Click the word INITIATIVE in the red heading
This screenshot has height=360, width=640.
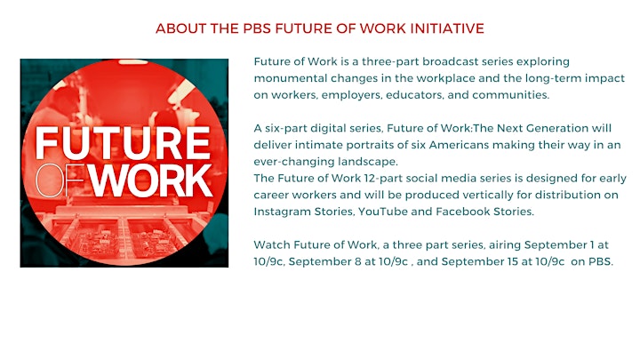(x=447, y=28)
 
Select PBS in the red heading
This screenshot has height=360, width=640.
(x=257, y=28)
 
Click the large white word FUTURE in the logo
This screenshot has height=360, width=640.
(x=123, y=143)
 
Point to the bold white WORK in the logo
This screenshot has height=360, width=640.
(x=150, y=180)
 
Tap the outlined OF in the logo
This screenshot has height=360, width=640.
(x=60, y=180)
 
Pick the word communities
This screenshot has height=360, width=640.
(x=510, y=95)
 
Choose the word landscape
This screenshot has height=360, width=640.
(x=367, y=162)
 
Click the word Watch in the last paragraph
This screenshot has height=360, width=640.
(x=271, y=245)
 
